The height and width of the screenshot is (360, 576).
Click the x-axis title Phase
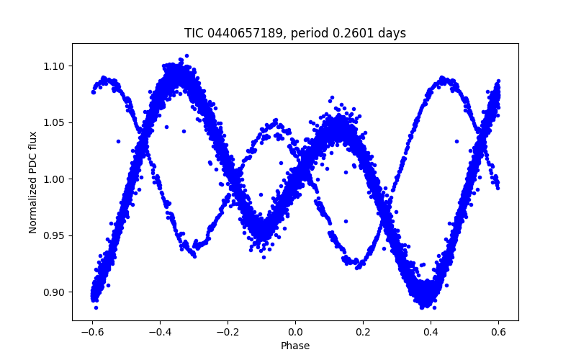295,346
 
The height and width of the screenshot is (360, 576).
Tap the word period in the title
317,33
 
